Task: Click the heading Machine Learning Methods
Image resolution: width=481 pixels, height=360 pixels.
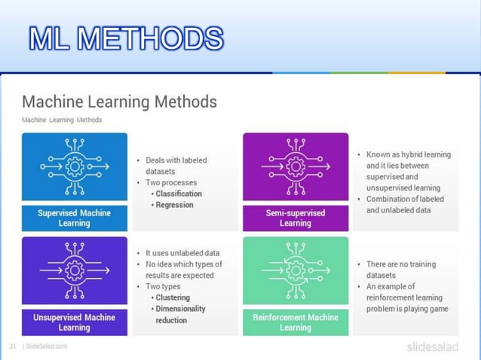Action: pyautogui.click(x=119, y=101)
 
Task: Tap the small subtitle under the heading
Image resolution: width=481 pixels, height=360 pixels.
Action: pyautogui.click(x=61, y=120)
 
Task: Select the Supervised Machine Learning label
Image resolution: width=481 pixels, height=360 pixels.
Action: pyautogui.click(x=74, y=218)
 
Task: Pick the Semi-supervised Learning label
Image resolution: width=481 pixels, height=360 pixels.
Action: pyautogui.click(x=296, y=218)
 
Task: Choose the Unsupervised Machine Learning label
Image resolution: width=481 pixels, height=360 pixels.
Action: pyautogui.click(x=74, y=322)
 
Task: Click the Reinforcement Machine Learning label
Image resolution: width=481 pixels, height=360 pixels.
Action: pyautogui.click(x=296, y=322)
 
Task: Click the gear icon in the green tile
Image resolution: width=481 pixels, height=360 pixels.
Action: pyautogui.click(x=296, y=269)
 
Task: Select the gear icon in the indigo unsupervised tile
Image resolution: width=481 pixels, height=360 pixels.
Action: pyautogui.click(x=74, y=269)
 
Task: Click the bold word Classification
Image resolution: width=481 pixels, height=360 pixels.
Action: pyautogui.click(x=179, y=194)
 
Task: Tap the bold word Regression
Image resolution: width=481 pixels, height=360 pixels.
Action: pyautogui.click(x=174, y=205)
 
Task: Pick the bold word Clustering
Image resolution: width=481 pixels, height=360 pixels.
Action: pyautogui.click(x=173, y=297)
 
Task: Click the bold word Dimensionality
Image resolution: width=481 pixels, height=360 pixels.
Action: pyautogui.click(x=180, y=309)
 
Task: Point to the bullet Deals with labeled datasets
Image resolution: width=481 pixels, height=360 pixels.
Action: pyautogui.click(x=176, y=165)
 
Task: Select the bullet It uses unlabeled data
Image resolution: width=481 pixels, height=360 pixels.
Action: pyautogui.click(x=182, y=253)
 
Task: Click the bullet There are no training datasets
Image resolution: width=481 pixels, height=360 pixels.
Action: pyautogui.click(x=400, y=270)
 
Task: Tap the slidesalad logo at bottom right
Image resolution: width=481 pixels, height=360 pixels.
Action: pyautogui.click(x=432, y=346)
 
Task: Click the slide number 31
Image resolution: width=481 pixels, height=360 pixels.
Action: pyautogui.click(x=13, y=346)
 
